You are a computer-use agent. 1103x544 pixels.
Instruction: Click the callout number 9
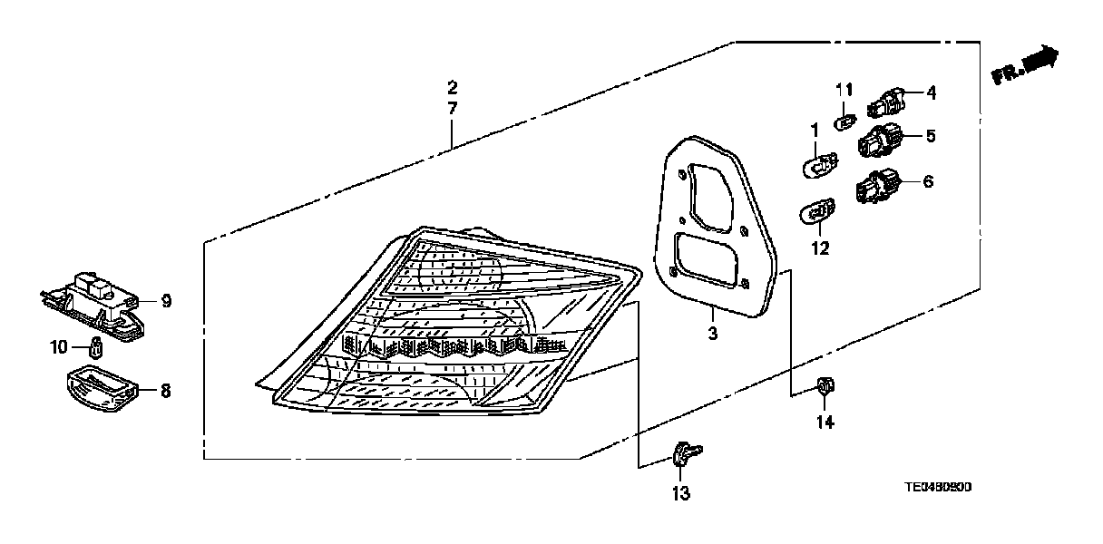pos(166,300)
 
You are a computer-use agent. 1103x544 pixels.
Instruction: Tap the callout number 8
pos(166,391)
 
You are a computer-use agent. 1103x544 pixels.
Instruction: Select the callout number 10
pos(59,345)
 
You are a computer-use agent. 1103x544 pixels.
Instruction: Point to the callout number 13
pos(680,493)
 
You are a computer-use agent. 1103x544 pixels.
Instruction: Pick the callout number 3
pos(712,334)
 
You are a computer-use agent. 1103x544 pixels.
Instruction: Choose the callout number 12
pos(820,248)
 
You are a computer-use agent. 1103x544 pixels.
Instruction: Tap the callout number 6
pos(927,181)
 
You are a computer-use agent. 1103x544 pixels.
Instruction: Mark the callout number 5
pos(930,136)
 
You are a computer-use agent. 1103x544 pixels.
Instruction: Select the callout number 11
pos(844,89)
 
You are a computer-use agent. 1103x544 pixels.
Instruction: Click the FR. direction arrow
pos(1026,66)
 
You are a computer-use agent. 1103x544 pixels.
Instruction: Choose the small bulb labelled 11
pos(844,118)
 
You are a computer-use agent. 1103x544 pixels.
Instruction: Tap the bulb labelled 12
pos(815,214)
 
